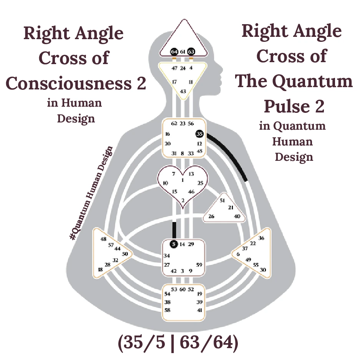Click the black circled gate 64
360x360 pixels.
pyautogui.click(x=174, y=51)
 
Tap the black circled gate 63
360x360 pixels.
pyautogui.click(x=191, y=51)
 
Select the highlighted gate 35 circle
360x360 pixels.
pyautogui.click(x=199, y=134)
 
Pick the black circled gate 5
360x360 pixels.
pyautogui.click(x=174, y=244)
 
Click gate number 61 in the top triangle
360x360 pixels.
pyautogui.click(x=183, y=51)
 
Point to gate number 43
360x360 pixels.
pyautogui.click(x=183, y=91)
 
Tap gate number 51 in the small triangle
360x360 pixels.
pyautogui.click(x=222, y=200)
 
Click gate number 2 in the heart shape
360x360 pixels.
pyautogui.click(x=183, y=200)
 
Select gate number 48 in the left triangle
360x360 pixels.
pyautogui.click(x=103, y=239)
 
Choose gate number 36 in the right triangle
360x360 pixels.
pyautogui.click(x=261, y=238)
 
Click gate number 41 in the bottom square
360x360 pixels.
pyautogui.click(x=199, y=310)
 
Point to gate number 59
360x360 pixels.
pyautogui.click(x=199, y=265)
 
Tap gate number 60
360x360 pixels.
pyautogui.click(x=183, y=289)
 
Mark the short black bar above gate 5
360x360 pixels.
pyautogui.click(x=174, y=230)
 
